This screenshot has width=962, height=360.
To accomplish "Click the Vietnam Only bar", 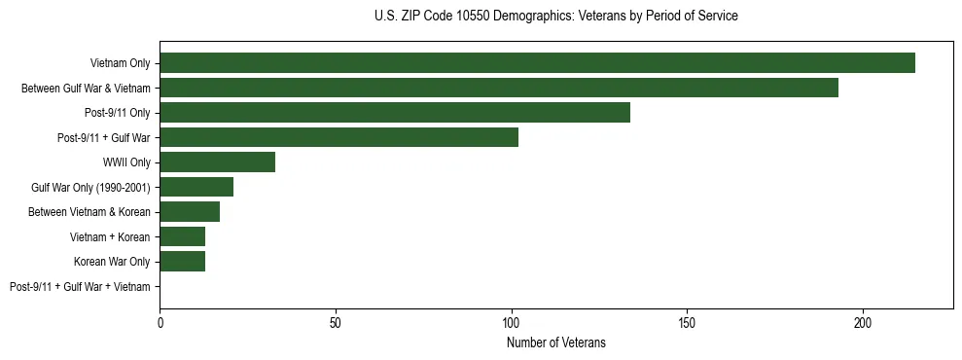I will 537,63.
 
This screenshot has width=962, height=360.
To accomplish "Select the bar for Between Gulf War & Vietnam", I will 499,88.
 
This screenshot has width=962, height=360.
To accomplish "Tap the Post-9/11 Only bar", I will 395,113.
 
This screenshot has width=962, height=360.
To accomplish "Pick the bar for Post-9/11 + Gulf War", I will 338,137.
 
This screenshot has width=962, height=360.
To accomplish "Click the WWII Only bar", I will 217,162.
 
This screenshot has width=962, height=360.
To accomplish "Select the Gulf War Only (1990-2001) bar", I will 196,187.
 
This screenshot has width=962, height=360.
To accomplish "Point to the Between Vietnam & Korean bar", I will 190,212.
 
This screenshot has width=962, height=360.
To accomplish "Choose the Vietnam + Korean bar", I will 182,236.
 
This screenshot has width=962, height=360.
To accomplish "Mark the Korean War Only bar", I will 182,262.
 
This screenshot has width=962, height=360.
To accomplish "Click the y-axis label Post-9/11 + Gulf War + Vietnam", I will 80,287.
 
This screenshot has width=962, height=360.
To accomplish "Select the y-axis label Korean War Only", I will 112,262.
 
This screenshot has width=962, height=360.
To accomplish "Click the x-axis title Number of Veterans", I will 555,342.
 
